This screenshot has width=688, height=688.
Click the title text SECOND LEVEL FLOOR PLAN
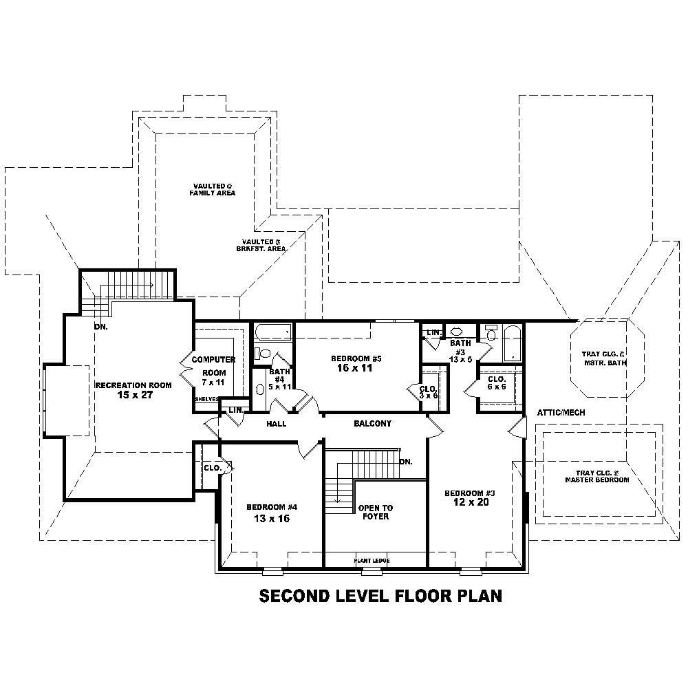click(x=380, y=596)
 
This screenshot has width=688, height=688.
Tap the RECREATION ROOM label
click(x=133, y=385)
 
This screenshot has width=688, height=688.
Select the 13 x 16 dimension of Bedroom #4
click(x=271, y=519)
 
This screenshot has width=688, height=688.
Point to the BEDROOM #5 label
click(x=356, y=358)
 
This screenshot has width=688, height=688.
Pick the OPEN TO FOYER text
click(x=375, y=513)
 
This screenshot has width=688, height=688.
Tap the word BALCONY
click(x=372, y=424)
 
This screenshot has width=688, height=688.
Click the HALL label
click(x=276, y=424)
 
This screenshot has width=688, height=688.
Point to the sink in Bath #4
click(x=260, y=389)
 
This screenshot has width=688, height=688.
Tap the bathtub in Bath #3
click(x=513, y=342)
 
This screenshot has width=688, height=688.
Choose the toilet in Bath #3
click(x=491, y=334)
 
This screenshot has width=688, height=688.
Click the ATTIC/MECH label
click(x=561, y=413)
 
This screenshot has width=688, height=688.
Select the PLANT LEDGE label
click(x=372, y=561)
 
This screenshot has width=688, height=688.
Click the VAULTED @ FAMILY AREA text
click(x=213, y=190)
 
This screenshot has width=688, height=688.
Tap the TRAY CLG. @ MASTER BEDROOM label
click(x=596, y=477)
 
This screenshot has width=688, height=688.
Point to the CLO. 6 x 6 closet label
click(x=497, y=383)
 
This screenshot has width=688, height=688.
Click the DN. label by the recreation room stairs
click(x=100, y=327)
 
